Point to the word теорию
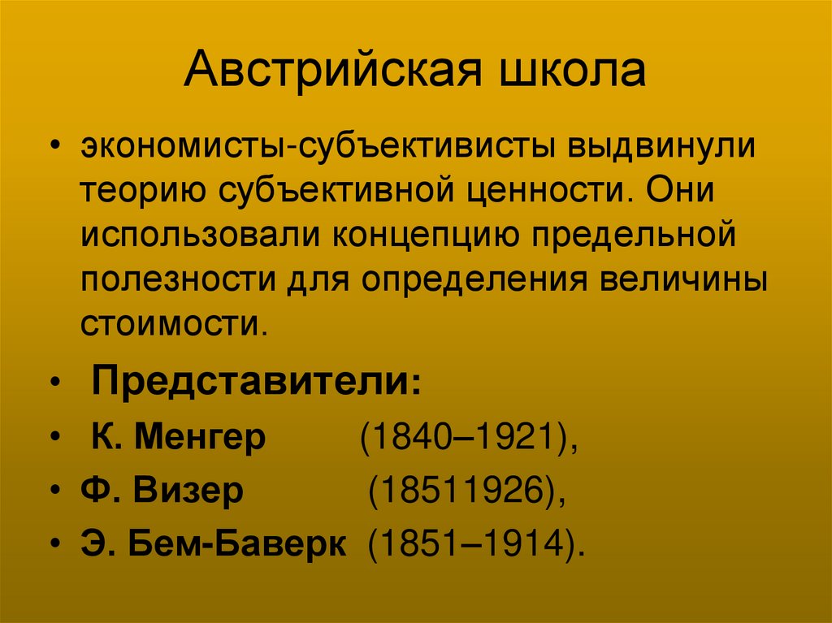141,193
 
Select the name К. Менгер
176,439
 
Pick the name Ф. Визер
162,492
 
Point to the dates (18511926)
466,492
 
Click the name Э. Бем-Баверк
213,543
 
